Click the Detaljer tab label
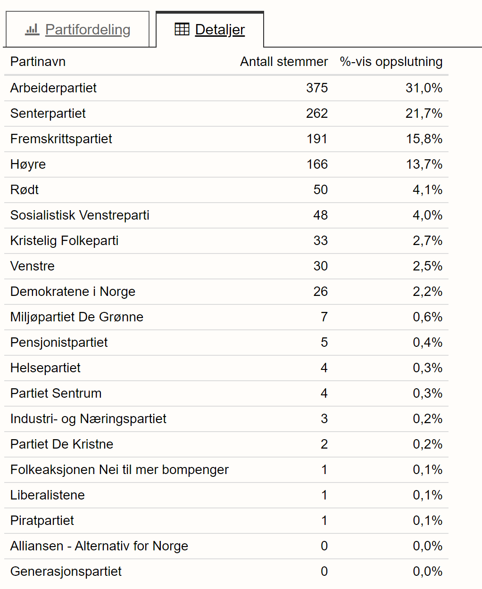[220, 30]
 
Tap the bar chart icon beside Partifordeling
[32, 29]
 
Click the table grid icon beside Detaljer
[182, 29]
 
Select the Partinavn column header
[38, 61]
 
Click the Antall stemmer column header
[284, 61]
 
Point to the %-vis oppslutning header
[391, 62]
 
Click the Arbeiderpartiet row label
[53, 88]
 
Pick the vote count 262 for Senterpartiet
[317, 114]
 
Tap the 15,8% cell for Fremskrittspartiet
[424, 139]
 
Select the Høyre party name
[28, 164]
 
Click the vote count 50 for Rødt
[320, 189]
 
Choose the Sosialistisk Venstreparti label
[80, 215]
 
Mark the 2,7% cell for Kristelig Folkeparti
[427, 240]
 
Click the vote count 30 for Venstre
[320, 266]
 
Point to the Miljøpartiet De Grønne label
[76, 317]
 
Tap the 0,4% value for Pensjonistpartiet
[427, 343]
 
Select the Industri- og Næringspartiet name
[88, 418]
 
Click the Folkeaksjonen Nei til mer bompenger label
[119, 469]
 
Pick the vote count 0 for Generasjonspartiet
[324, 572]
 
